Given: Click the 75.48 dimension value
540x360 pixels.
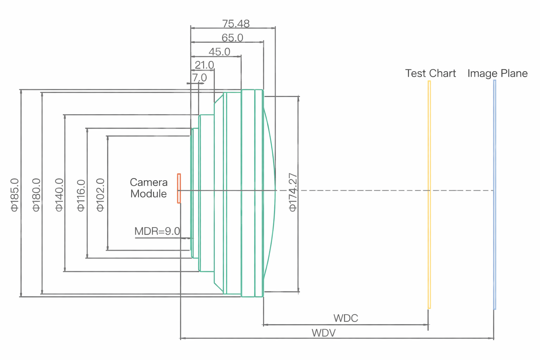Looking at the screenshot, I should (236, 24).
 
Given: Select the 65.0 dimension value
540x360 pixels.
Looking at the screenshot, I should (232, 38).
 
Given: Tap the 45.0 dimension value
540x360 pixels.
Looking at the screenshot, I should (219, 52).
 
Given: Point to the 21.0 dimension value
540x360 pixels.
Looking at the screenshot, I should (204, 65).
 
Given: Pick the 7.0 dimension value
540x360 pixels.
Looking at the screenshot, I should (199, 77).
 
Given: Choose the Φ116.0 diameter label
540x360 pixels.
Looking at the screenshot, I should (81, 195).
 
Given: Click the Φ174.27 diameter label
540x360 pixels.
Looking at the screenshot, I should (292, 192).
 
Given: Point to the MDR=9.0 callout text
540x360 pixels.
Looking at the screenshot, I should (157, 231).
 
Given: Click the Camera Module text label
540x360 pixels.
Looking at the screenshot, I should (149, 188).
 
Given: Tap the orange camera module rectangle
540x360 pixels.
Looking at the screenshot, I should (179, 188).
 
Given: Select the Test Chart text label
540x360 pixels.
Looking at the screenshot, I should (430, 73).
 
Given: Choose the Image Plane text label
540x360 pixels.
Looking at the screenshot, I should (497, 73).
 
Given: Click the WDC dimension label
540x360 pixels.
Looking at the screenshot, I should (346, 318).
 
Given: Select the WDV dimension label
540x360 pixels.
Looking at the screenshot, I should (323, 333).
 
